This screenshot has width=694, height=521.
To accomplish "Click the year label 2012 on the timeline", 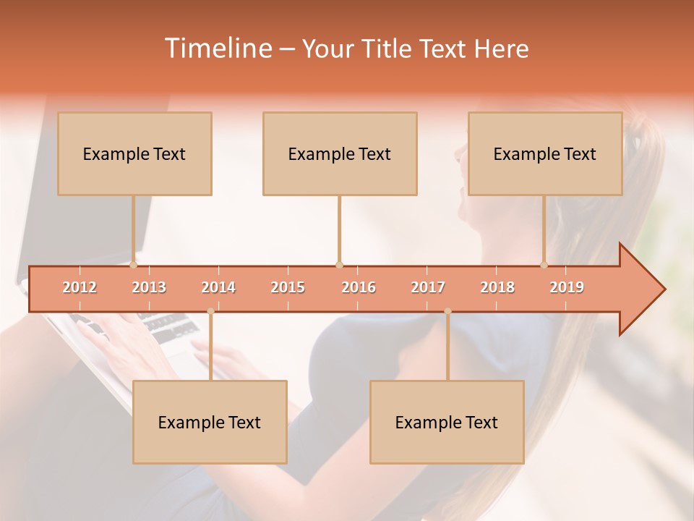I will click(x=80, y=287).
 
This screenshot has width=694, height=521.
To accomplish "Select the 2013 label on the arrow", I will click(x=149, y=287).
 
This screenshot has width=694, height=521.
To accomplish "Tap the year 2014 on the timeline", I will click(x=218, y=287).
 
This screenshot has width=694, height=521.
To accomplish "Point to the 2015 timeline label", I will click(x=288, y=287).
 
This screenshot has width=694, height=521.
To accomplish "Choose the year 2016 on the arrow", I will click(x=359, y=287).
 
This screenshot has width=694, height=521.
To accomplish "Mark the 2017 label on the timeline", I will click(x=428, y=287).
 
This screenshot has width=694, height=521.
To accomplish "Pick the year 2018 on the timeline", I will click(x=497, y=287).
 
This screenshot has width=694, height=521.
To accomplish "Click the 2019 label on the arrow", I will click(x=567, y=287).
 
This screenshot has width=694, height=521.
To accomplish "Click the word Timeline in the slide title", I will click(x=217, y=48).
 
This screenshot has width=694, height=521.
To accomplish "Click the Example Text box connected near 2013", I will click(x=134, y=153).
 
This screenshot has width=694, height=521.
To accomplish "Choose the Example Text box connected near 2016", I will click(x=340, y=153).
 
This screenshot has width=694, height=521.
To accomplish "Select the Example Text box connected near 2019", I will click(x=545, y=153).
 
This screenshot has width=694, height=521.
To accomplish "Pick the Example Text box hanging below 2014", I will click(x=210, y=422).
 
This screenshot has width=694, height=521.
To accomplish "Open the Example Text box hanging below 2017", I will click(x=447, y=422).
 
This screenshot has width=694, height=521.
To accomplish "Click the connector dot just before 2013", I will click(x=134, y=265).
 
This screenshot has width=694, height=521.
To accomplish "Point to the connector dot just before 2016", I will click(x=339, y=265).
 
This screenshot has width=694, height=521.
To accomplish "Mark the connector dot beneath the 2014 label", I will click(x=210, y=311).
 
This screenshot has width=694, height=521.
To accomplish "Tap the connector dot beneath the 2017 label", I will click(x=447, y=311).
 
